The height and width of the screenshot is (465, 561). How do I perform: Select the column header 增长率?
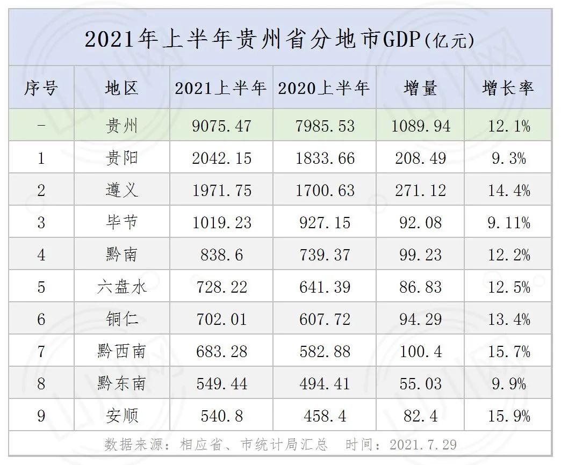click(508, 88)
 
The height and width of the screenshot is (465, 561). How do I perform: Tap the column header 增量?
click(420, 88)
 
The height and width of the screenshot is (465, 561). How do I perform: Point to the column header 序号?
click(41, 88)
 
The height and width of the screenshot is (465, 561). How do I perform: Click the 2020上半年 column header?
click(324, 88)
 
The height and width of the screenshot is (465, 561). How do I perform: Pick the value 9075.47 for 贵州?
click(221, 126)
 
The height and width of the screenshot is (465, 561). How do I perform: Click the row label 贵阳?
click(122, 158)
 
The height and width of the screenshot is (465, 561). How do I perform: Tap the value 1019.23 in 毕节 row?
click(221, 222)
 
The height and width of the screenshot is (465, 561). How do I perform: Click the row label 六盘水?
click(122, 287)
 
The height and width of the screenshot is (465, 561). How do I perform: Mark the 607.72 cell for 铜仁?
click(325, 319)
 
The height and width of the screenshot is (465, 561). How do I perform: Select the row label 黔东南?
click(122, 383)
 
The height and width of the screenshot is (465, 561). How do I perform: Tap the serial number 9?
click(41, 416)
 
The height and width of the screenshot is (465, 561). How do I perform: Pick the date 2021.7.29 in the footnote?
click(423, 445)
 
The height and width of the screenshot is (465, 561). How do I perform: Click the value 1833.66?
click(325, 158)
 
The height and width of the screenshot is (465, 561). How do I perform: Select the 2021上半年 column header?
click(221, 88)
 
